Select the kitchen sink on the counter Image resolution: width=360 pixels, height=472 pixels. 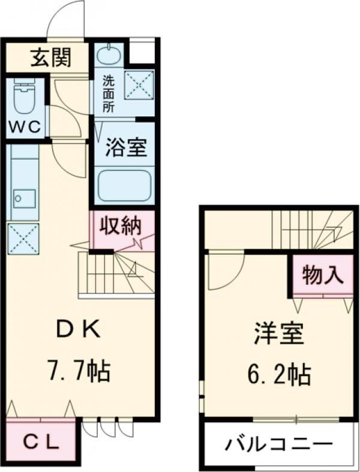24,197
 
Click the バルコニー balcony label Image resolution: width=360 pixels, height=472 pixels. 278,445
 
